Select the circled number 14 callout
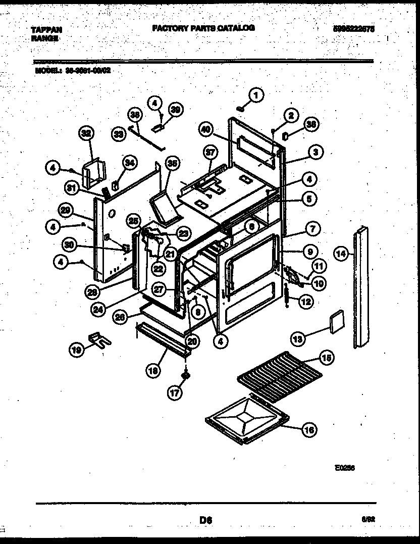342,255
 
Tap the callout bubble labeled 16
309,430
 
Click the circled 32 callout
87,134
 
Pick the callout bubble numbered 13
299,339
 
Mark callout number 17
174,392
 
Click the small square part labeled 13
336,321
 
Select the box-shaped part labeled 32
94,171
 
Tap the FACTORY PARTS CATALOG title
203,28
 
